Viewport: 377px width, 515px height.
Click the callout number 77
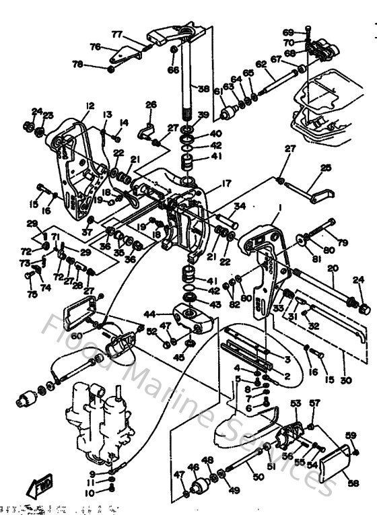pos(116,34)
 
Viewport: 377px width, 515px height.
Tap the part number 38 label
pos(203,89)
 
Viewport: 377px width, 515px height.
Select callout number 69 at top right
pos(287,32)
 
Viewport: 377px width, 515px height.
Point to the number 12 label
pos(90,106)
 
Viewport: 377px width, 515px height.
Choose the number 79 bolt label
pos(343,242)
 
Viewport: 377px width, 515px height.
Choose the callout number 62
pos(261,64)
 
